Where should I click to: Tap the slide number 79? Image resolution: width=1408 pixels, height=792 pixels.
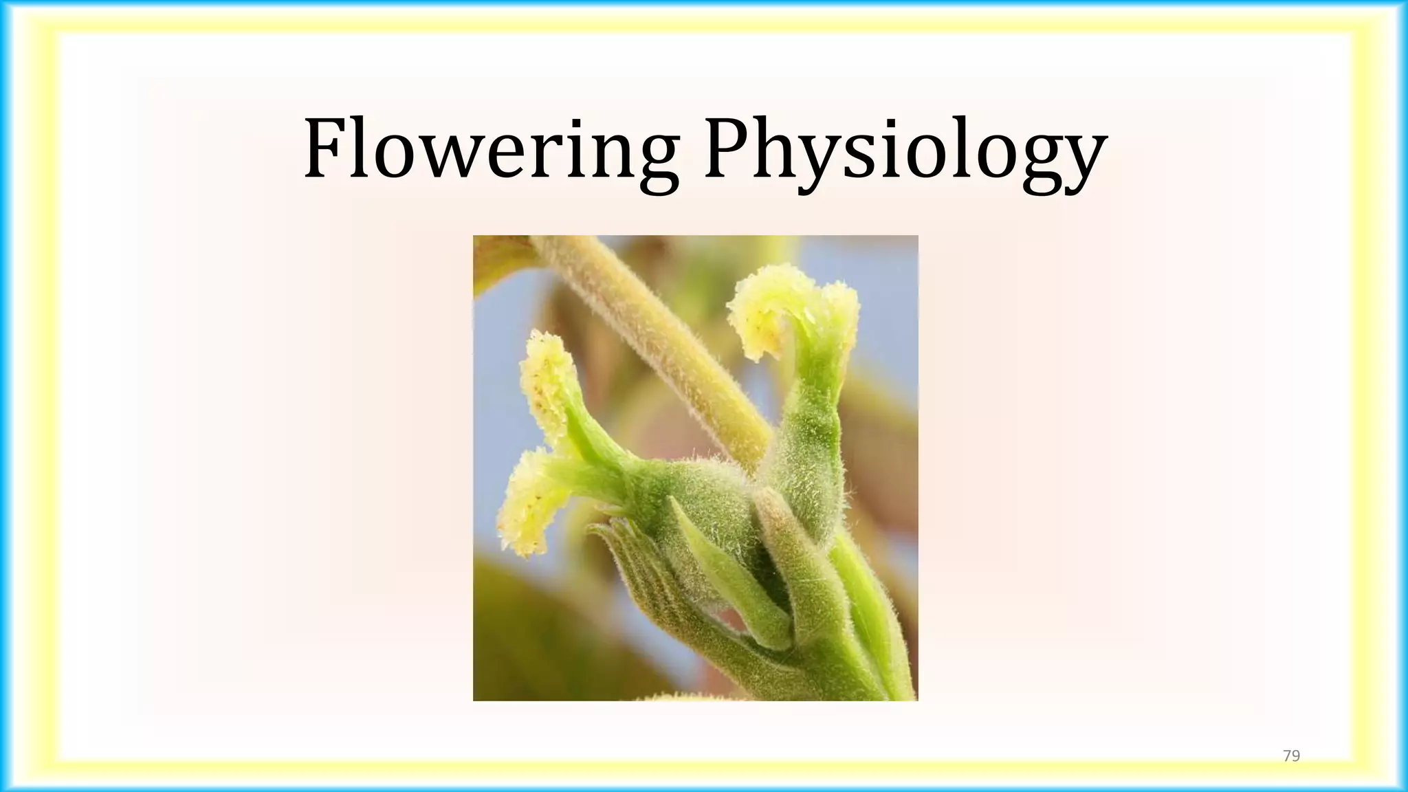pyautogui.click(x=1292, y=756)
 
